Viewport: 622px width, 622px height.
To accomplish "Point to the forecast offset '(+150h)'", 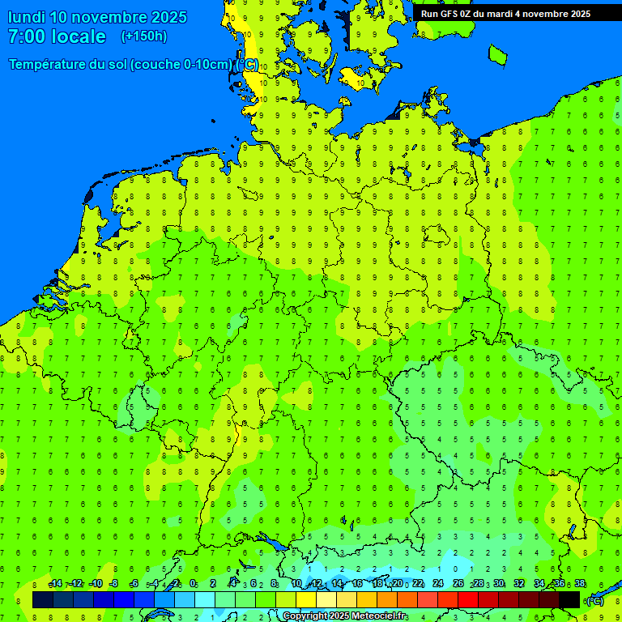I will [143, 36].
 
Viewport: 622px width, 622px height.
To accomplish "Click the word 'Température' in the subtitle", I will [48, 65].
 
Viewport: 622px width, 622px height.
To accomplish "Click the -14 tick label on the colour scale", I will [55, 584].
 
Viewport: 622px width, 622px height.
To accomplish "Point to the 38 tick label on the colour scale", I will [579, 584].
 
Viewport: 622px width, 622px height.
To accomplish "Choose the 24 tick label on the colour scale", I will [438, 584].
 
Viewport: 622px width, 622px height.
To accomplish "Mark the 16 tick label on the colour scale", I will [357, 584].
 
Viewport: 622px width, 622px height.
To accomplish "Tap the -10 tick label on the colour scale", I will [96, 584].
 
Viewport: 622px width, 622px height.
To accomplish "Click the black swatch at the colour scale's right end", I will [569, 599].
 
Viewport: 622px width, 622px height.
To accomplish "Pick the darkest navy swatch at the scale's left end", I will [43, 599].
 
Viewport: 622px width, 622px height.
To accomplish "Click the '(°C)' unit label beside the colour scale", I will [594, 600].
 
